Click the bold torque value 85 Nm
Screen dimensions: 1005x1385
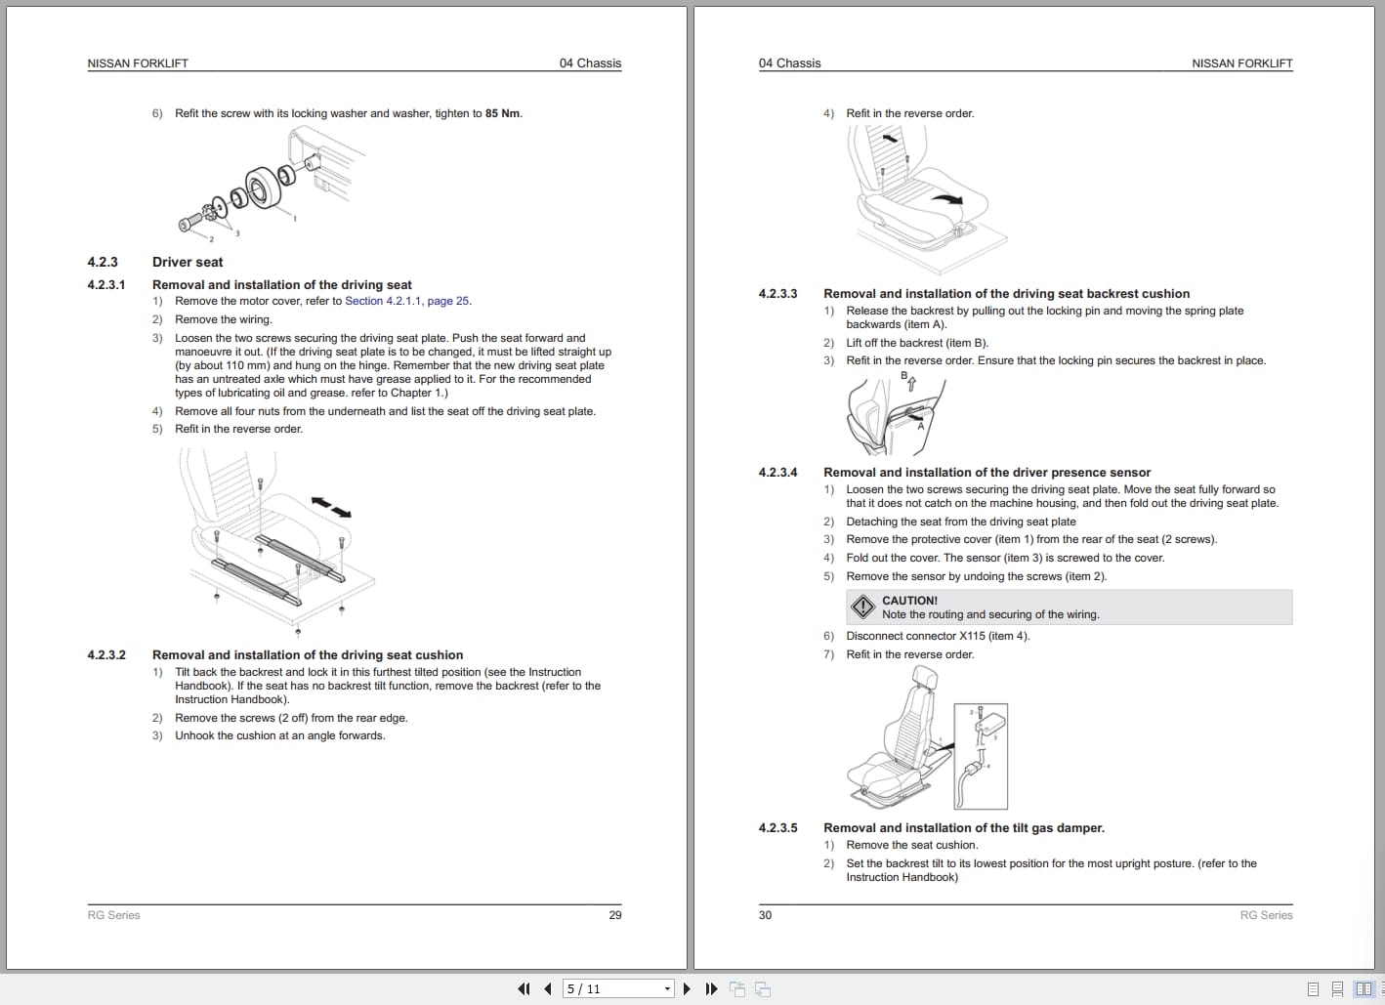click(502, 113)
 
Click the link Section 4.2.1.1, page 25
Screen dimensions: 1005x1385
click(407, 301)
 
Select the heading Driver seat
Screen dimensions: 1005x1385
click(188, 262)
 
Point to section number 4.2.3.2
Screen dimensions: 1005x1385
click(106, 655)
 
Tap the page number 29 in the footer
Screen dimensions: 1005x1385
click(614, 915)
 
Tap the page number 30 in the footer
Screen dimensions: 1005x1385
click(765, 915)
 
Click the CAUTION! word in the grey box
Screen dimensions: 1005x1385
click(909, 601)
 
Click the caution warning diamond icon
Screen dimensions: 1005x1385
click(862, 607)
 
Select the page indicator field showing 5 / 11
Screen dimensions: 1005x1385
click(617, 988)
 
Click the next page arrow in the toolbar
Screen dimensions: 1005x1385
click(687, 988)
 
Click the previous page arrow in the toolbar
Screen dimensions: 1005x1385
click(548, 988)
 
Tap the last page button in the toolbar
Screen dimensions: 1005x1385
click(711, 988)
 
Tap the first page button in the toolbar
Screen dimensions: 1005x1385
click(524, 988)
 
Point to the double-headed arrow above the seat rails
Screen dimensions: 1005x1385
click(331, 507)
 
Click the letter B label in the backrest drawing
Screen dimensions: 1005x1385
click(904, 375)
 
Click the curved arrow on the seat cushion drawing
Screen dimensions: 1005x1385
click(945, 198)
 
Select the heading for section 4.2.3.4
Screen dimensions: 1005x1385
click(986, 473)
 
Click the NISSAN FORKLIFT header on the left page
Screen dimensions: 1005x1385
click(138, 63)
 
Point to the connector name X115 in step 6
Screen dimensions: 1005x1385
click(972, 636)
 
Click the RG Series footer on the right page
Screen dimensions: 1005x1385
click(1266, 915)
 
